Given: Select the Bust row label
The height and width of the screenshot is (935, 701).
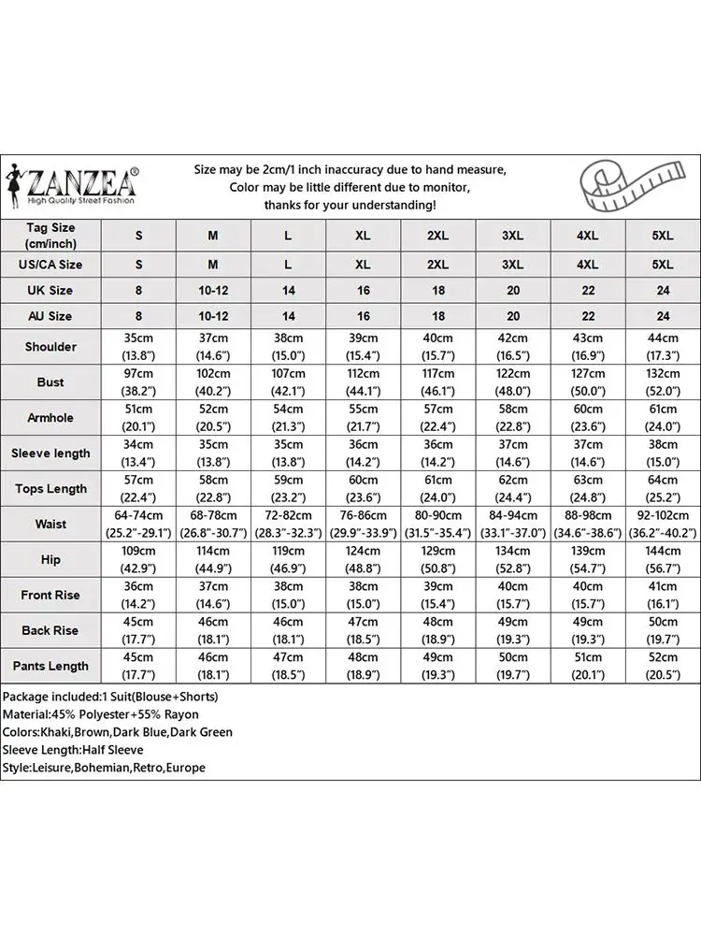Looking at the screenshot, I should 50,382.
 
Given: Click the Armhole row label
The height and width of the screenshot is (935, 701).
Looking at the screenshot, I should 50,418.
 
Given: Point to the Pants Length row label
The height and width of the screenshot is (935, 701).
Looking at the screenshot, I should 50,667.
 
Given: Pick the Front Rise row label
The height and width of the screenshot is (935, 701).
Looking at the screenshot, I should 50,596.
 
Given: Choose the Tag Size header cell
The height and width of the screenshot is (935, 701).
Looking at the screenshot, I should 50,236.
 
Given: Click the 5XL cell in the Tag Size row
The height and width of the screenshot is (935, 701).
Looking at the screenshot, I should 663,237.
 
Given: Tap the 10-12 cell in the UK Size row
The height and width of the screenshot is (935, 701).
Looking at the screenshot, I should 213,291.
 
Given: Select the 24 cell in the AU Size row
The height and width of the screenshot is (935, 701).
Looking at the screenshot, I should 663,317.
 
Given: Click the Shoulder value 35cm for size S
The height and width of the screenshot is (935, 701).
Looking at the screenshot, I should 138,338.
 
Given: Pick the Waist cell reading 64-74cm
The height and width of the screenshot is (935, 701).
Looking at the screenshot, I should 138,516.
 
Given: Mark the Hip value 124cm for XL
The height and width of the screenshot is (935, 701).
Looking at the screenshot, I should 363,552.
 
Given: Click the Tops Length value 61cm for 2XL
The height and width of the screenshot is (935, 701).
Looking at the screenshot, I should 437,481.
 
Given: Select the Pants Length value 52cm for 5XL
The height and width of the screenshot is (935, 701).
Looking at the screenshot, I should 663,658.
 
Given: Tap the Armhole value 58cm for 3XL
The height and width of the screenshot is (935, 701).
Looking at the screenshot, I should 512,410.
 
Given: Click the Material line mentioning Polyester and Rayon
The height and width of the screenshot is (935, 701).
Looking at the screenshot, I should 101,715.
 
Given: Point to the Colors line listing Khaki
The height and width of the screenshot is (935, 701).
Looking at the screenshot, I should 118,733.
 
